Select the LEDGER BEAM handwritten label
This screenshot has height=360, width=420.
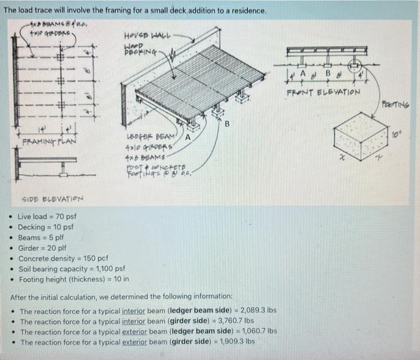click(x=147, y=136)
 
